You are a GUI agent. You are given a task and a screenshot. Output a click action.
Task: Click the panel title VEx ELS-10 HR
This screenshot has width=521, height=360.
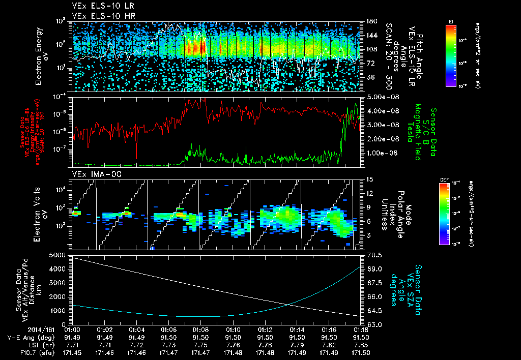[x=100, y=16]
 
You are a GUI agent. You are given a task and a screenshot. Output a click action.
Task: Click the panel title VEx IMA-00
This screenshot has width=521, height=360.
[x=92, y=175]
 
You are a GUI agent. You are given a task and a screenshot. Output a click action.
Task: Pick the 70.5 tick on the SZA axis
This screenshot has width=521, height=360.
[x=370, y=255]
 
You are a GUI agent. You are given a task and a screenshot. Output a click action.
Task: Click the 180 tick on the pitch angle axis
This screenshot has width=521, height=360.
[x=370, y=21]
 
